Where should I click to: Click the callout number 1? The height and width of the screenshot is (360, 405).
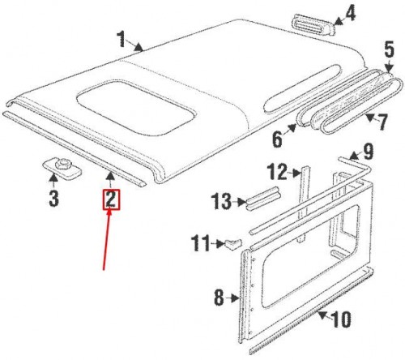[122, 38]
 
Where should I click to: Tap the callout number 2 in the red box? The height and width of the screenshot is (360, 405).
[110, 199]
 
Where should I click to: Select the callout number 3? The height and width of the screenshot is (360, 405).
[53, 199]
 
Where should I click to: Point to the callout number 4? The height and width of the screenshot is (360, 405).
[350, 14]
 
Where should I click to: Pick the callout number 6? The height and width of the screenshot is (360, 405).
[277, 139]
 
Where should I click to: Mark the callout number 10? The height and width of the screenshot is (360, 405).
[342, 320]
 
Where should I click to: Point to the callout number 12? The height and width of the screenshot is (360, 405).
[277, 172]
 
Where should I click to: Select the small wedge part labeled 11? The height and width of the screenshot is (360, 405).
[232, 242]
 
